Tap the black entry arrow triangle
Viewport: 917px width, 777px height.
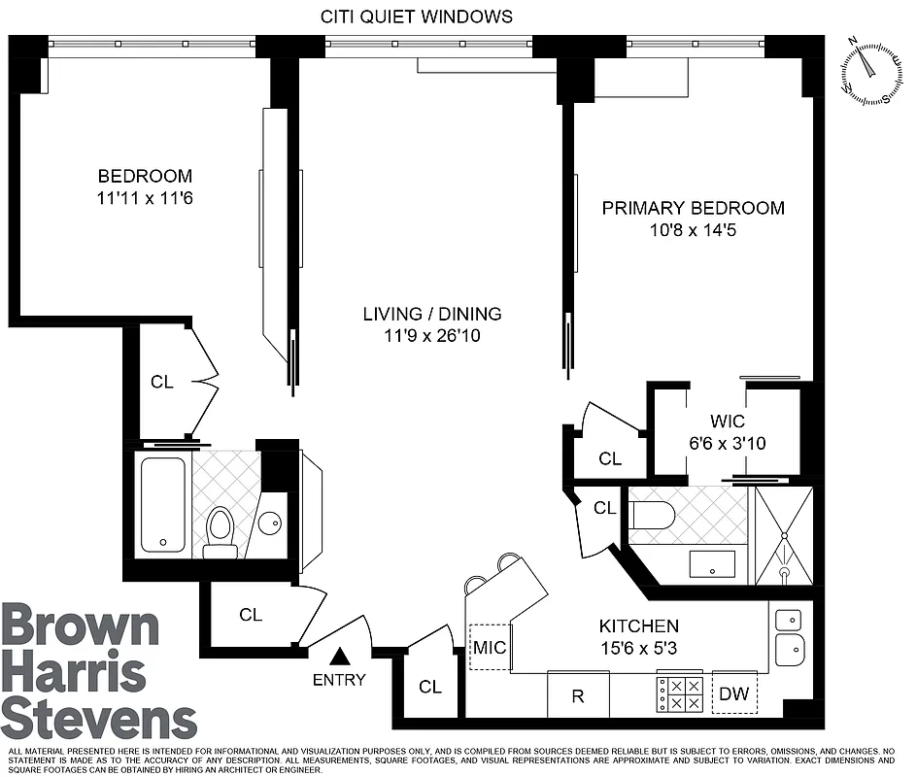click(x=339, y=658)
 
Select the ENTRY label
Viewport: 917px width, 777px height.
click(x=339, y=680)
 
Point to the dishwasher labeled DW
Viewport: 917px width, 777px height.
click(x=733, y=693)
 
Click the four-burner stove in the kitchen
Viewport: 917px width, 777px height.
click(x=681, y=693)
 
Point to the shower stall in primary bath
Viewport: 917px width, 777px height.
click(x=783, y=535)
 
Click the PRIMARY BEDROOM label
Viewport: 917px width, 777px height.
click(x=693, y=208)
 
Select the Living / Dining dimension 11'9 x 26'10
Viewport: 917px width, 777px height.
click(x=432, y=336)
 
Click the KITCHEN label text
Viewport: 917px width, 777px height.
click(x=638, y=625)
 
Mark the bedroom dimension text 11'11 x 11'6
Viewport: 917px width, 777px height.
click(x=145, y=198)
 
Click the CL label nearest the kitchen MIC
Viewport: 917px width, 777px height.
click(x=429, y=687)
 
